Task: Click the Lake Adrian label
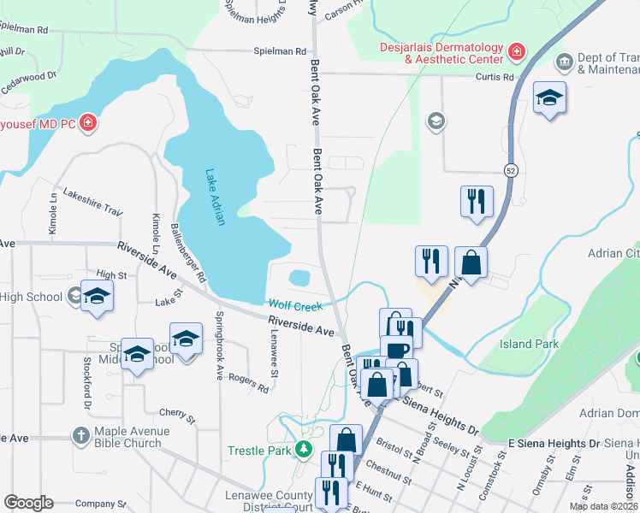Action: tap(215, 197)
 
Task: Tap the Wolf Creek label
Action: tap(295, 305)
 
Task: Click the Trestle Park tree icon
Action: tap(301, 450)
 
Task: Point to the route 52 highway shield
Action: tap(511, 169)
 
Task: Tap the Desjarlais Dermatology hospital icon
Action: tap(516, 53)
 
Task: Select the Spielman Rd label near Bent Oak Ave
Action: tap(279, 51)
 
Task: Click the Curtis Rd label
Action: tap(495, 75)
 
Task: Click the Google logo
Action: tap(28, 503)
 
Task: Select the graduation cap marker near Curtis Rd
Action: tap(548, 97)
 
